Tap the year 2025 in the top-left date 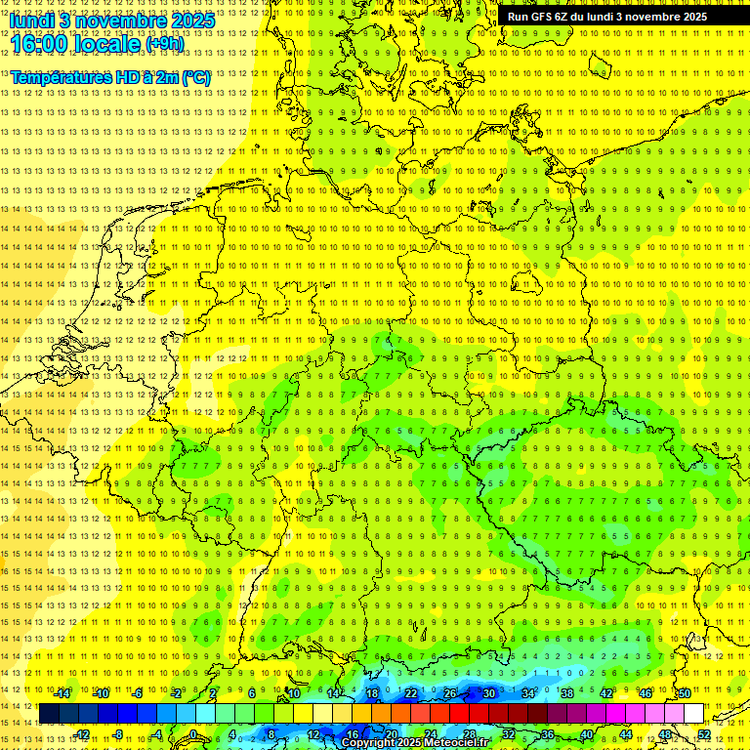[192, 21]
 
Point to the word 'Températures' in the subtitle [61, 77]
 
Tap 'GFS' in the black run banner [542, 17]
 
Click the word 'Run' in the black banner [519, 17]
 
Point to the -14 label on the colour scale [62, 693]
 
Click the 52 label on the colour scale [703, 734]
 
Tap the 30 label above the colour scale [488, 693]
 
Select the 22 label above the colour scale [411, 693]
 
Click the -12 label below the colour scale [82, 734]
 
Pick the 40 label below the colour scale [587, 734]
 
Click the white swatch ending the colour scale [693, 714]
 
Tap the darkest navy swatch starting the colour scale [49, 714]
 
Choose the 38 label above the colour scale [566, 693]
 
